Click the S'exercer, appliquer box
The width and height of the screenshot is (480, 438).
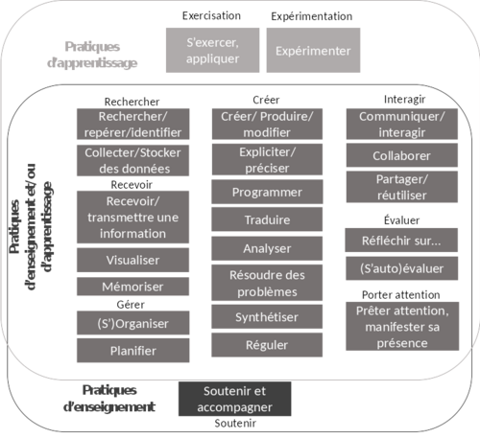(x=212, y=50)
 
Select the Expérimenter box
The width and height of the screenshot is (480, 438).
(x=313, y=50)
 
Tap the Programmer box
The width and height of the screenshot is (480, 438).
(x=267, y=192)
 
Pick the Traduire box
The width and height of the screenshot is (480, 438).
(x=267, y=219)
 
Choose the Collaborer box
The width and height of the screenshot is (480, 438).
(x=402, y=155)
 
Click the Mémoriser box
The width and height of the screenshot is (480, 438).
(x=132, y=287)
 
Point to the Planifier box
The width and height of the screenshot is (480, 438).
(x=132, y=351)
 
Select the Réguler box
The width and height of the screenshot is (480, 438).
(x=267, y=345)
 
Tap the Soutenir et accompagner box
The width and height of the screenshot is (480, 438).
(x=234, y=399)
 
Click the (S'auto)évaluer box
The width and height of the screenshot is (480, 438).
(x=401, y=268)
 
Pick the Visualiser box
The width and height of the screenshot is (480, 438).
(x=132, y=260)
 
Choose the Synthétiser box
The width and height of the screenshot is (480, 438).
(x=267, y=316)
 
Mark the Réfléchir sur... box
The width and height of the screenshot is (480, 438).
(x=401, y=241)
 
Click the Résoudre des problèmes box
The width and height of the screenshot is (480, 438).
(x=267, y=283)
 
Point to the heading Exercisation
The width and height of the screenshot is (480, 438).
(x=211, y=15)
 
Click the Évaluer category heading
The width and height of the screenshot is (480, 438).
(x=401, y=220)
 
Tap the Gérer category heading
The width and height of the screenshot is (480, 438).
(x=131, y=305)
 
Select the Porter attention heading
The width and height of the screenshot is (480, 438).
(x=401, y=294)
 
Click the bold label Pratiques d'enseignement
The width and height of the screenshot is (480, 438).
(x=109, y=399)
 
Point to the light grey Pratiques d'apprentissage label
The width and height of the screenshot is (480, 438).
(x=92, y=55)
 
